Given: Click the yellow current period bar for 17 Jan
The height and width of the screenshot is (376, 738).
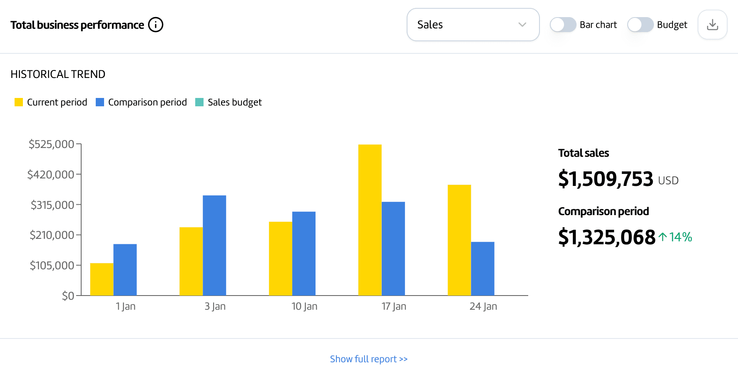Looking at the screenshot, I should [370, 220].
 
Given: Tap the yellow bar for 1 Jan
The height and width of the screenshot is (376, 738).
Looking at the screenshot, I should [102, 279].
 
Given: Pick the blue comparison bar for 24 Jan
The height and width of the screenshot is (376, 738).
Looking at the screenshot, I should [482, 268].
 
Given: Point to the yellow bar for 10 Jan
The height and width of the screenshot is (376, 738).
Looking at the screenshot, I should [280, 258].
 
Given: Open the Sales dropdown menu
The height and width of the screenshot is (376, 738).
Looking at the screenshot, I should [473, 25].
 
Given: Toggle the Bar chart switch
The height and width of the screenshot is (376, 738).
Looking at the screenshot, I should [563, 25].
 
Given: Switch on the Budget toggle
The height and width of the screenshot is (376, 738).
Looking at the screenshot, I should [640, 25].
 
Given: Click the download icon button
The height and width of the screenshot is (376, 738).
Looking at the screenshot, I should [712, 25].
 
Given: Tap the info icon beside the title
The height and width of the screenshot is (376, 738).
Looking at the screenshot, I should [156, 25].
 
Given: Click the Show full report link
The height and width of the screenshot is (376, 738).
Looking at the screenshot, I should [368, 359].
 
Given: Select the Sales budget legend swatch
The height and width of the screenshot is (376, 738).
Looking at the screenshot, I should [199, 102].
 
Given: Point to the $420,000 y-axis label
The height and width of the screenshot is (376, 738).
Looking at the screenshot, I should [50, 174].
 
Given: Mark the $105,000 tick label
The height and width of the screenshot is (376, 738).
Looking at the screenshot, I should [52, 265].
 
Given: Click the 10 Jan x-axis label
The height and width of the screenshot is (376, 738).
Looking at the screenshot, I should [304, 306].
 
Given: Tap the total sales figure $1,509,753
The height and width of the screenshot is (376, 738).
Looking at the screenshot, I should [606, 179].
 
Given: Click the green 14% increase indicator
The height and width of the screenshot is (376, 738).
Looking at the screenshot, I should [675, 237].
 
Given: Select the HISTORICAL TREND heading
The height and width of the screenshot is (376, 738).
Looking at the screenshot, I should [58, 74].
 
